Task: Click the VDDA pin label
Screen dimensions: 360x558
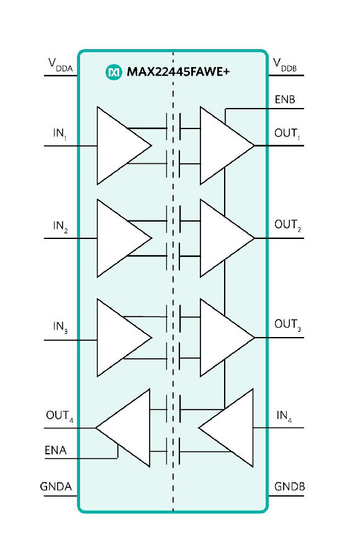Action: click(x=60, y=65)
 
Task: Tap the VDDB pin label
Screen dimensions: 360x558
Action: click(x=285, y=65)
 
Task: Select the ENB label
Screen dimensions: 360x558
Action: click(x=285, y=99)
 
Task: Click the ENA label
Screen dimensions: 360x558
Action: click(x=55, y=450)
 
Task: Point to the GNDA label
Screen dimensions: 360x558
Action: click(x=56, y=487)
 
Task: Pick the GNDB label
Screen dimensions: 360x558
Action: click(x=290, y=487)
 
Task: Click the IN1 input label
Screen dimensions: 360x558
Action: click(x=60, y=134)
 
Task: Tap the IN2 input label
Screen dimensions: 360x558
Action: click(x=60, y=227)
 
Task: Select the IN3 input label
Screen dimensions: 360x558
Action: click(x=60, y=327)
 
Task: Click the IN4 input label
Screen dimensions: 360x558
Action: click(x=284, y=416)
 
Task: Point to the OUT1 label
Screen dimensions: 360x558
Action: click(x=287, y=134)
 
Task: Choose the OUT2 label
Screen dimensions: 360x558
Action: click(x=288, y=225)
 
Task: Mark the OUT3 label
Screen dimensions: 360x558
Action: click(x=288, y=325)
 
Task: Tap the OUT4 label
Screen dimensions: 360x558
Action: click(x=60, y=416)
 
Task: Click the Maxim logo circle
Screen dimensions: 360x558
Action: click(x=114, y=72)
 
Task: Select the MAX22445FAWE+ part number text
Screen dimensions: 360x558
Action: click(x=178, y=72)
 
